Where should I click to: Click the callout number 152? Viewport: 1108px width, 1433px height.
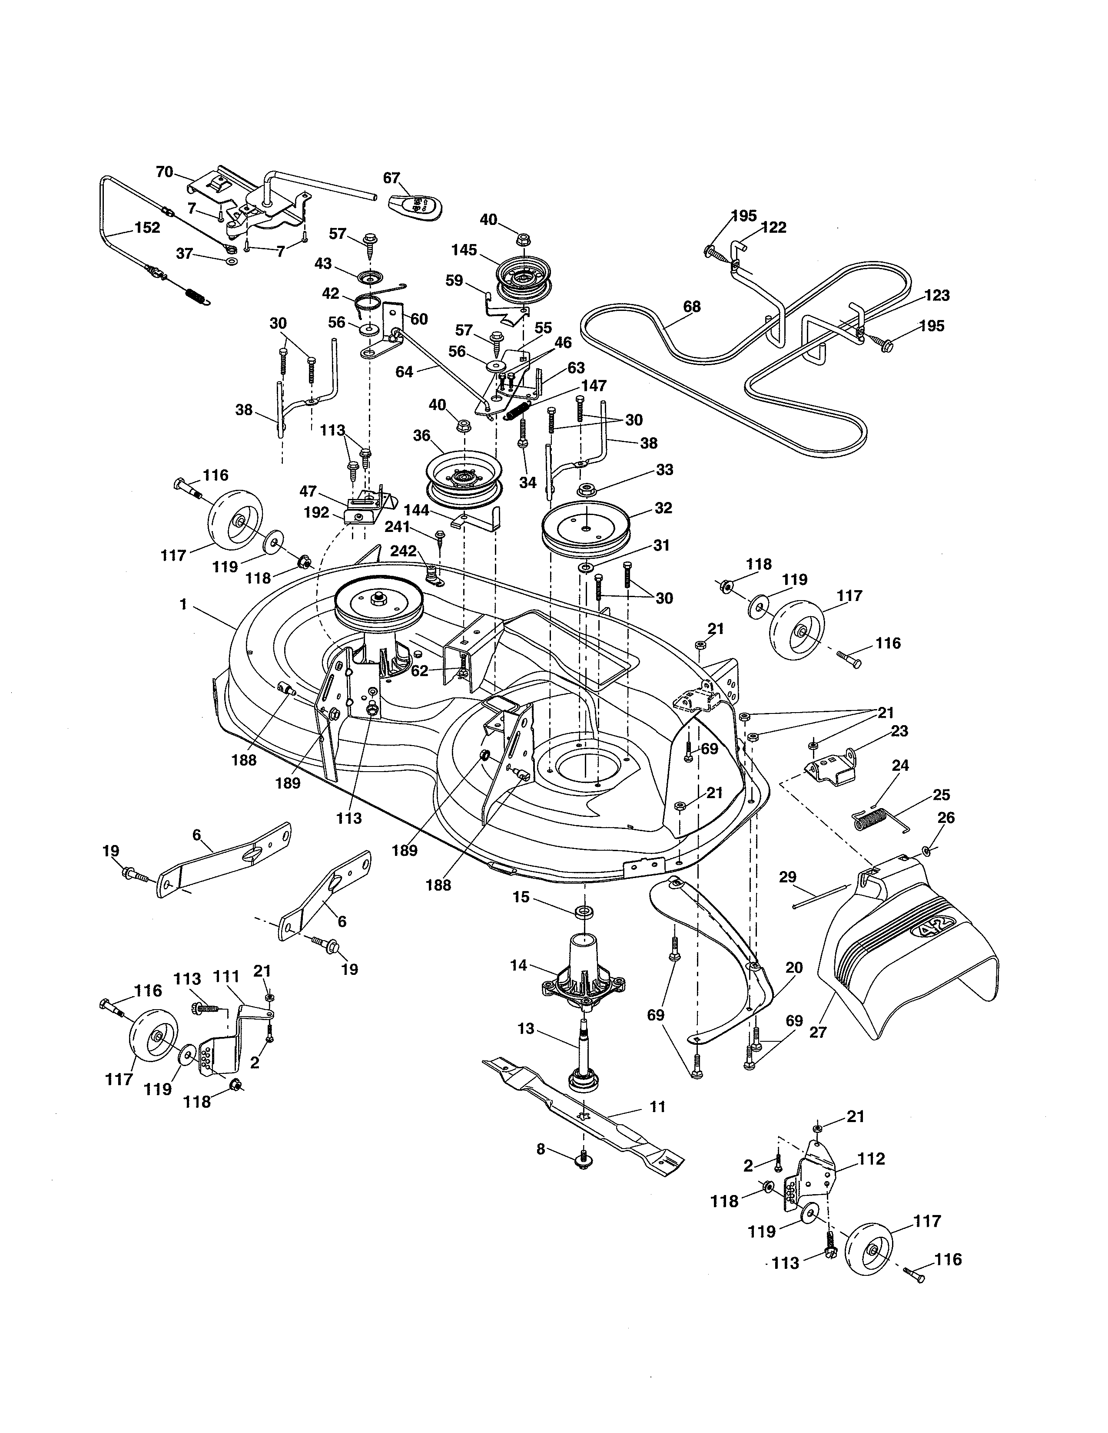click(x=147, y=228)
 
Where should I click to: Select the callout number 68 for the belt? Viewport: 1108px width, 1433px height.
click(x=692, y=307)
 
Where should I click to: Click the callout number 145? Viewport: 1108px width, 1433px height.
click(x=464, y=250)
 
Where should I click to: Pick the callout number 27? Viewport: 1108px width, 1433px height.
click(x=818, y=1032)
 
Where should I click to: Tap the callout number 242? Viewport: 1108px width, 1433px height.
click(x=403, y=551)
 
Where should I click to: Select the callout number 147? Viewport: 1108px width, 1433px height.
click(x=594, y=386)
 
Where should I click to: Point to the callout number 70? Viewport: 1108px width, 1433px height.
click(x=164, y=172)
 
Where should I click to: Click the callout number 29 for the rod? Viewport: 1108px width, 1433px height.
click(x=788, y=877)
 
